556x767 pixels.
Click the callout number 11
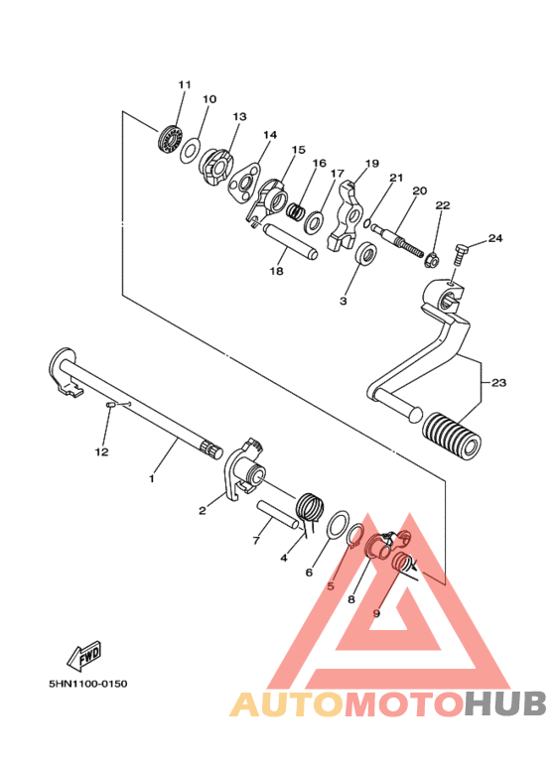click(183, 84)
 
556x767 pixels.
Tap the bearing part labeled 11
click(173, 138)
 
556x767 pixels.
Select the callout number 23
click(498, 380)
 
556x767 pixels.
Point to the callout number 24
click(494, 238)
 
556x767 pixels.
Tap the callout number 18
click(276, 270)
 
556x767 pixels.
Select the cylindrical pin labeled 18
click(290, 241)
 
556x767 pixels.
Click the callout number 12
click(101, 452)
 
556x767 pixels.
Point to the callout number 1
click(152, 478)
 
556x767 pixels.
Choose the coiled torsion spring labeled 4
click(311, 507)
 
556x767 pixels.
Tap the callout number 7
click(255, 540)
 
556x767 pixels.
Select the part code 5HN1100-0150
click(87, 684)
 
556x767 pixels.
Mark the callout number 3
click(344, 300)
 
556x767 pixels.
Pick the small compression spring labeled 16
click(296, 209)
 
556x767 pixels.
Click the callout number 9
click(376, 613)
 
